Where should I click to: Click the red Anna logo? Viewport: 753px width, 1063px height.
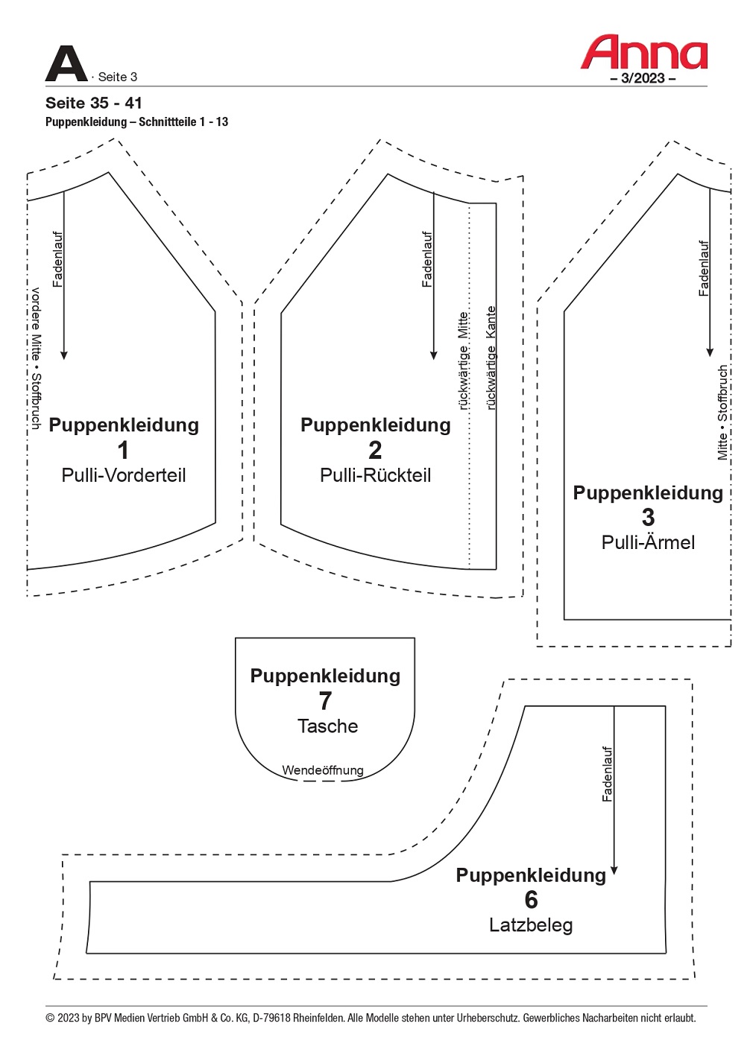click(x=643, y=51)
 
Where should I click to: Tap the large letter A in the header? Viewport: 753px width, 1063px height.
click(x=66, y=63)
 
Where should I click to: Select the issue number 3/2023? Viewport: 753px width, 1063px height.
click(x=643, y=78)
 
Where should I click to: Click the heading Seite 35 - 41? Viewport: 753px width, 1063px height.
click(x=94, y=103)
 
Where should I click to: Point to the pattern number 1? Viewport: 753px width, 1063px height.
click(x=123, y=450)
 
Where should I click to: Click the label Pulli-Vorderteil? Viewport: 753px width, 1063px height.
click(x=124, y=475)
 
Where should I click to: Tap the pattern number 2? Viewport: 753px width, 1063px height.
click(x=375, y=450)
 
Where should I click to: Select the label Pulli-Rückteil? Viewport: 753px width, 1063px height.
click(x=375, y=475)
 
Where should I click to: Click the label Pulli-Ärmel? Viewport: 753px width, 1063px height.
click(x=648, y=542)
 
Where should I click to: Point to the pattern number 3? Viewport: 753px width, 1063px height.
click(x=648, y=517)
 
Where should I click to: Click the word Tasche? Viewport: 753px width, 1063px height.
click(x=328, y=726)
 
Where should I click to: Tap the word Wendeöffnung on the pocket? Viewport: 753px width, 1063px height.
click(x=323, y=770)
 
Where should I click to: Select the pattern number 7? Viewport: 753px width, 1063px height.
click(x=325, y=701)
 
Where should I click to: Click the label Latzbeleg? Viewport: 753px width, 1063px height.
click(x=531, y=925)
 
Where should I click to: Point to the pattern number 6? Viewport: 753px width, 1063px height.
click(x=531, y=900)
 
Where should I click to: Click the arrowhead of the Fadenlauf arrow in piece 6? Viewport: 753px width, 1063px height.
click(x=614, y=871)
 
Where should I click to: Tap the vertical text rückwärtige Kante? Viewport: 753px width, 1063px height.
click(x=491, y=358)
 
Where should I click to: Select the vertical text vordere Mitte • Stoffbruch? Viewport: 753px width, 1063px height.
click(x=36, y=358)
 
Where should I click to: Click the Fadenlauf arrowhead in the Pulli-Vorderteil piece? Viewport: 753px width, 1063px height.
click(x=64, y=355)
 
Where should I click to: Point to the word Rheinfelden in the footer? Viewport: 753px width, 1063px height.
click(x=319, y=1018)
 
